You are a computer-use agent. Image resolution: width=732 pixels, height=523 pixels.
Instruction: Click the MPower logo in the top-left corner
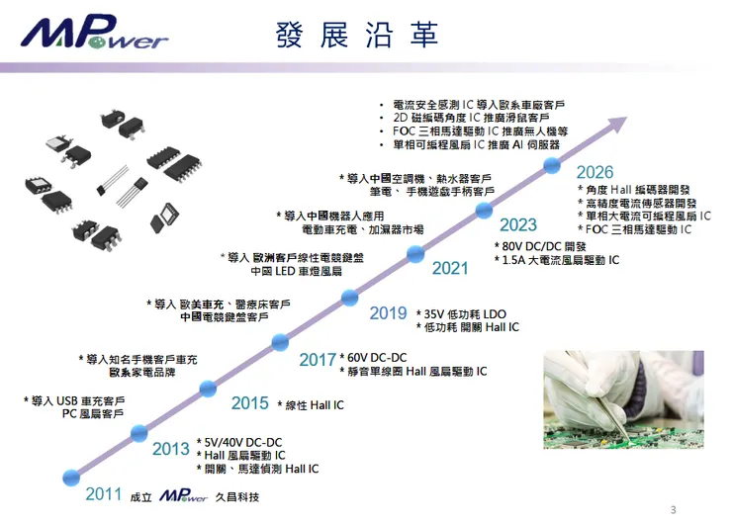[x=95, y=36]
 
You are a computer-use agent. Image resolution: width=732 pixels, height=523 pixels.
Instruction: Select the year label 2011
[x=104, y=494]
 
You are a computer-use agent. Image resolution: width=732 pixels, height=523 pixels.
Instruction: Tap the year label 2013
[x=171, y=449]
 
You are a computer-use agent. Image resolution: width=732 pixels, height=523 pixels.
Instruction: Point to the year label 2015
[x=250, y=403]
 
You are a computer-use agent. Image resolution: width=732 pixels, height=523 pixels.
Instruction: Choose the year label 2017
[x=318, y=360]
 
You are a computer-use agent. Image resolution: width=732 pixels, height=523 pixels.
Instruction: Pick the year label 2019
[x=389, y=313]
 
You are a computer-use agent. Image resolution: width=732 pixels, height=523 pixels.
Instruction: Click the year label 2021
[x=450, y=268]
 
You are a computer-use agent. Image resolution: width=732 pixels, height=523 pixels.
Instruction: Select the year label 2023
[x=517, y=224]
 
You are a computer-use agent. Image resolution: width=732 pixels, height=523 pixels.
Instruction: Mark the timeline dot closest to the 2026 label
[x=551, y=165]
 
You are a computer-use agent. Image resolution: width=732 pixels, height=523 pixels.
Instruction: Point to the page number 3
[x=673, y=510]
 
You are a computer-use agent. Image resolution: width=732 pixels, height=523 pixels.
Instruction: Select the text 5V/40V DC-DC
[x=243, y=442]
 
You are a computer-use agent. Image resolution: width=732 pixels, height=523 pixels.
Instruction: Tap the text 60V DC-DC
[x=377, y=357]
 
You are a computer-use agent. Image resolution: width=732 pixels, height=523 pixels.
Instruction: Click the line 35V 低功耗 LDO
[x=465, y=313]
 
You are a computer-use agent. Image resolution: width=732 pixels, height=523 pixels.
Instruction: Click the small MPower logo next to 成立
[x=183, y=495]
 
